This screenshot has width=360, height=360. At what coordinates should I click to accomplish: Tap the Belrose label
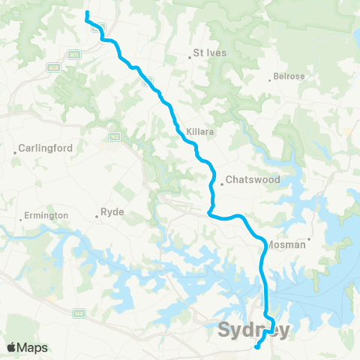pyautogui.click(x=289, y=76)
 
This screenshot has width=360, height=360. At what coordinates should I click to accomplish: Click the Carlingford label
pyautogui.click(x=46, y=148)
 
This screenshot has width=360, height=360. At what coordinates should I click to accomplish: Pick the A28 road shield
pyautogui.click(x=54, y=67)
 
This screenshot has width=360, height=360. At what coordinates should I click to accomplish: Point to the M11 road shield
pyautogui.click(x=73, y=54)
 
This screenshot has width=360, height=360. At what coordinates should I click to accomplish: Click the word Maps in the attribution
pyautogui.click(x=33, y=348)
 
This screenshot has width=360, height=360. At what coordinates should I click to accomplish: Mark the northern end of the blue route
pyautogui.click(x=87, y=13)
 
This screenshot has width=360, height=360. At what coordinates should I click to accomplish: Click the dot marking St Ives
pyautogui.click(x=190, y=57)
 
